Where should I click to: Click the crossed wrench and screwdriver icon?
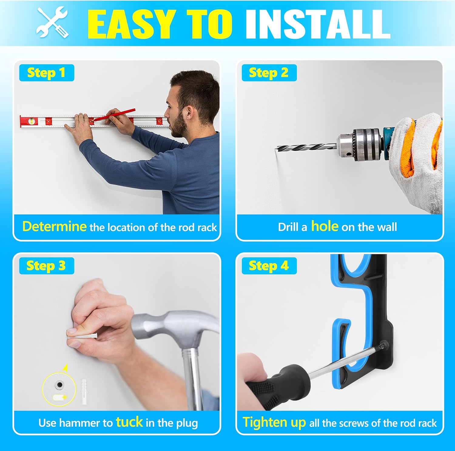tap(52, 23)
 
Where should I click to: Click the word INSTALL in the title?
tap(317, 24)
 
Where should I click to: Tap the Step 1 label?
tap(46, 73)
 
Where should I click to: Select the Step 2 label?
tap(269, 73)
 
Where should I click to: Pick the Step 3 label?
tap(46, 266)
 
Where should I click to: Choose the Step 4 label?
tap(269, 266)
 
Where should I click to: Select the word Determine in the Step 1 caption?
tap(54, 227)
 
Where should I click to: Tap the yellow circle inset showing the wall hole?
tap(59, 390)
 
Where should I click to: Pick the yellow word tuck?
tap(130, 422)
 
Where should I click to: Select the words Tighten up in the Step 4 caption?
tap(274, 423)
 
